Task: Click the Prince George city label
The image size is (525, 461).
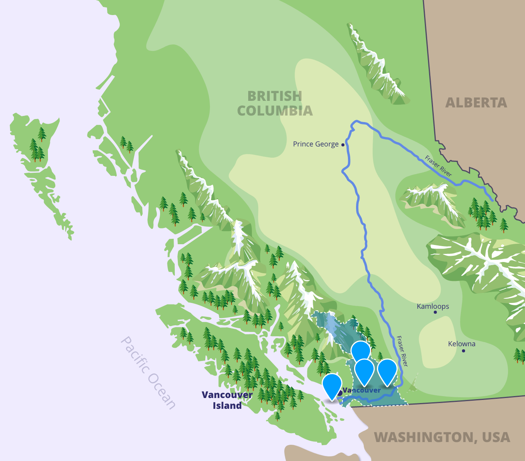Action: [315, 144]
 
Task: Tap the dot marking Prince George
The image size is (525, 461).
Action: [343, 145]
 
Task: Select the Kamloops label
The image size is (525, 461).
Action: [433, 306]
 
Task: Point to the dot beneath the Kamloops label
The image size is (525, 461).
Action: [435, 312]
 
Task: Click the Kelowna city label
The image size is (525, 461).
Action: [462, 344]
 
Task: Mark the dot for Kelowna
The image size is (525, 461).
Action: [463, 351]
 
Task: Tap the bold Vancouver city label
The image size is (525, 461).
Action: [362, 390]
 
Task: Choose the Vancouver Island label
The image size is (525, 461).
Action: [227, 400]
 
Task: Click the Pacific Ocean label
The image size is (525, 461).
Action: [148, 373]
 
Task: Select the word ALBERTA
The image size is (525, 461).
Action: [476, 103]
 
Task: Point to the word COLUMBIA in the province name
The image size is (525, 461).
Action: [274, 111]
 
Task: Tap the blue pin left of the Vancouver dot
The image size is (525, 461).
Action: [332, 385]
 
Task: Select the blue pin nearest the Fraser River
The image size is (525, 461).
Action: [387, 371]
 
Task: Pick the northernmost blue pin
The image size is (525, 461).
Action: [361, 351]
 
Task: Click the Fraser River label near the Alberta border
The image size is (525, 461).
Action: [438, 166]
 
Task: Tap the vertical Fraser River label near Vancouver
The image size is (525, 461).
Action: [402, 351]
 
